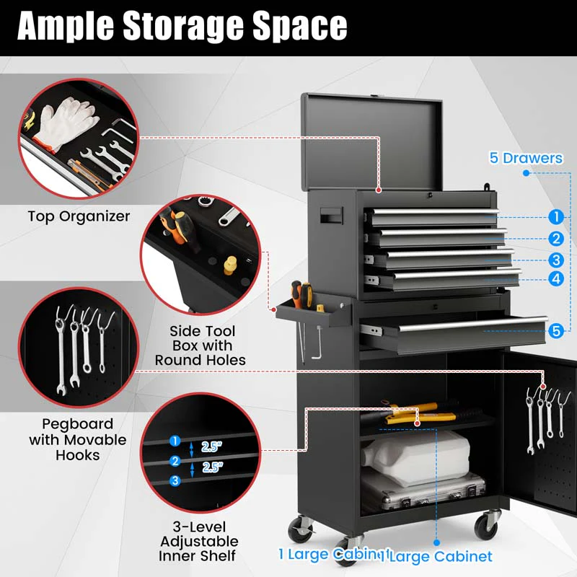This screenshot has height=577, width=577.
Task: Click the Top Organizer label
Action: tap(79, 216)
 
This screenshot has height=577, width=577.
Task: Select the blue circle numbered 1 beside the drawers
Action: tap(555, 216)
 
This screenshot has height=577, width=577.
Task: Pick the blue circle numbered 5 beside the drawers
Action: tap(555, 331)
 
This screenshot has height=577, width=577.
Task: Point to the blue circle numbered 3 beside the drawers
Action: tap(555, 260)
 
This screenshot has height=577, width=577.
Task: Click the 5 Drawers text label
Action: tap(526, 158)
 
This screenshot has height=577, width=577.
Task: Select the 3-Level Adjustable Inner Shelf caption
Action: tap(199, 541)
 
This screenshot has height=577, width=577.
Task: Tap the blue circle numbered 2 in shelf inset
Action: tap(175, 461)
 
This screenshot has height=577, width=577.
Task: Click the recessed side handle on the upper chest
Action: tap(332, 216)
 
